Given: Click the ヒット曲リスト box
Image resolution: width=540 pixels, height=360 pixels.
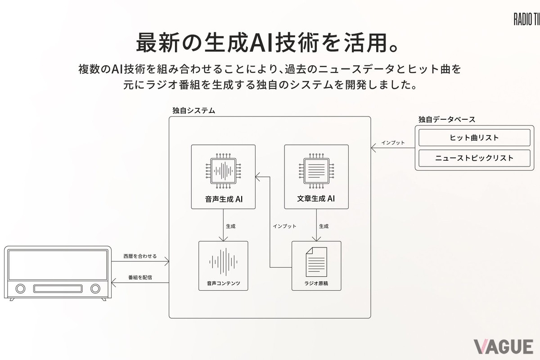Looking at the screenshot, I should click(x=474, y=138).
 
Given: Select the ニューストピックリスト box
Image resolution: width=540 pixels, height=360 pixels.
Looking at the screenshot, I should click(x=474, y=158).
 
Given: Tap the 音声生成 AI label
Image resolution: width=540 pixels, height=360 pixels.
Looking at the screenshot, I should click(x=223, y=198).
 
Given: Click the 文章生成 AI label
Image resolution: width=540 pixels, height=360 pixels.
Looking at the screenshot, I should click(x=316, y=198).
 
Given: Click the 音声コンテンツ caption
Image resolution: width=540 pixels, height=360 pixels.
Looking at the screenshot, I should click(x=223, y=284).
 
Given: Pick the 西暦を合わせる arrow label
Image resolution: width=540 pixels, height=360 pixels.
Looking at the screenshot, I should click(x=140, y=256).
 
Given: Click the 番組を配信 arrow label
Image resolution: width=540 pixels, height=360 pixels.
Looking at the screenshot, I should click(x=140, y=277).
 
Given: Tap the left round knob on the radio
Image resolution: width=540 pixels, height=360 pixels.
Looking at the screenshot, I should click(x=20, y=288).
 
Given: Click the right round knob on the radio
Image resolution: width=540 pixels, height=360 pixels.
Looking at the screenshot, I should click(x=95, y=288).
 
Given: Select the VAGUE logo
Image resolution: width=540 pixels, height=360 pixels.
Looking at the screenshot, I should click(x=503, y=346).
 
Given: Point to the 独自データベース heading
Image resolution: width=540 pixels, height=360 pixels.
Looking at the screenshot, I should click(x=446, y=119).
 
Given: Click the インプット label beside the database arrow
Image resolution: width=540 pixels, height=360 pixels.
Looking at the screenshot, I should click(x=393, y=143).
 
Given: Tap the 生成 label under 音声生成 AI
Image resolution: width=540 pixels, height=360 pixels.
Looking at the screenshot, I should click(x=230, y=226).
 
